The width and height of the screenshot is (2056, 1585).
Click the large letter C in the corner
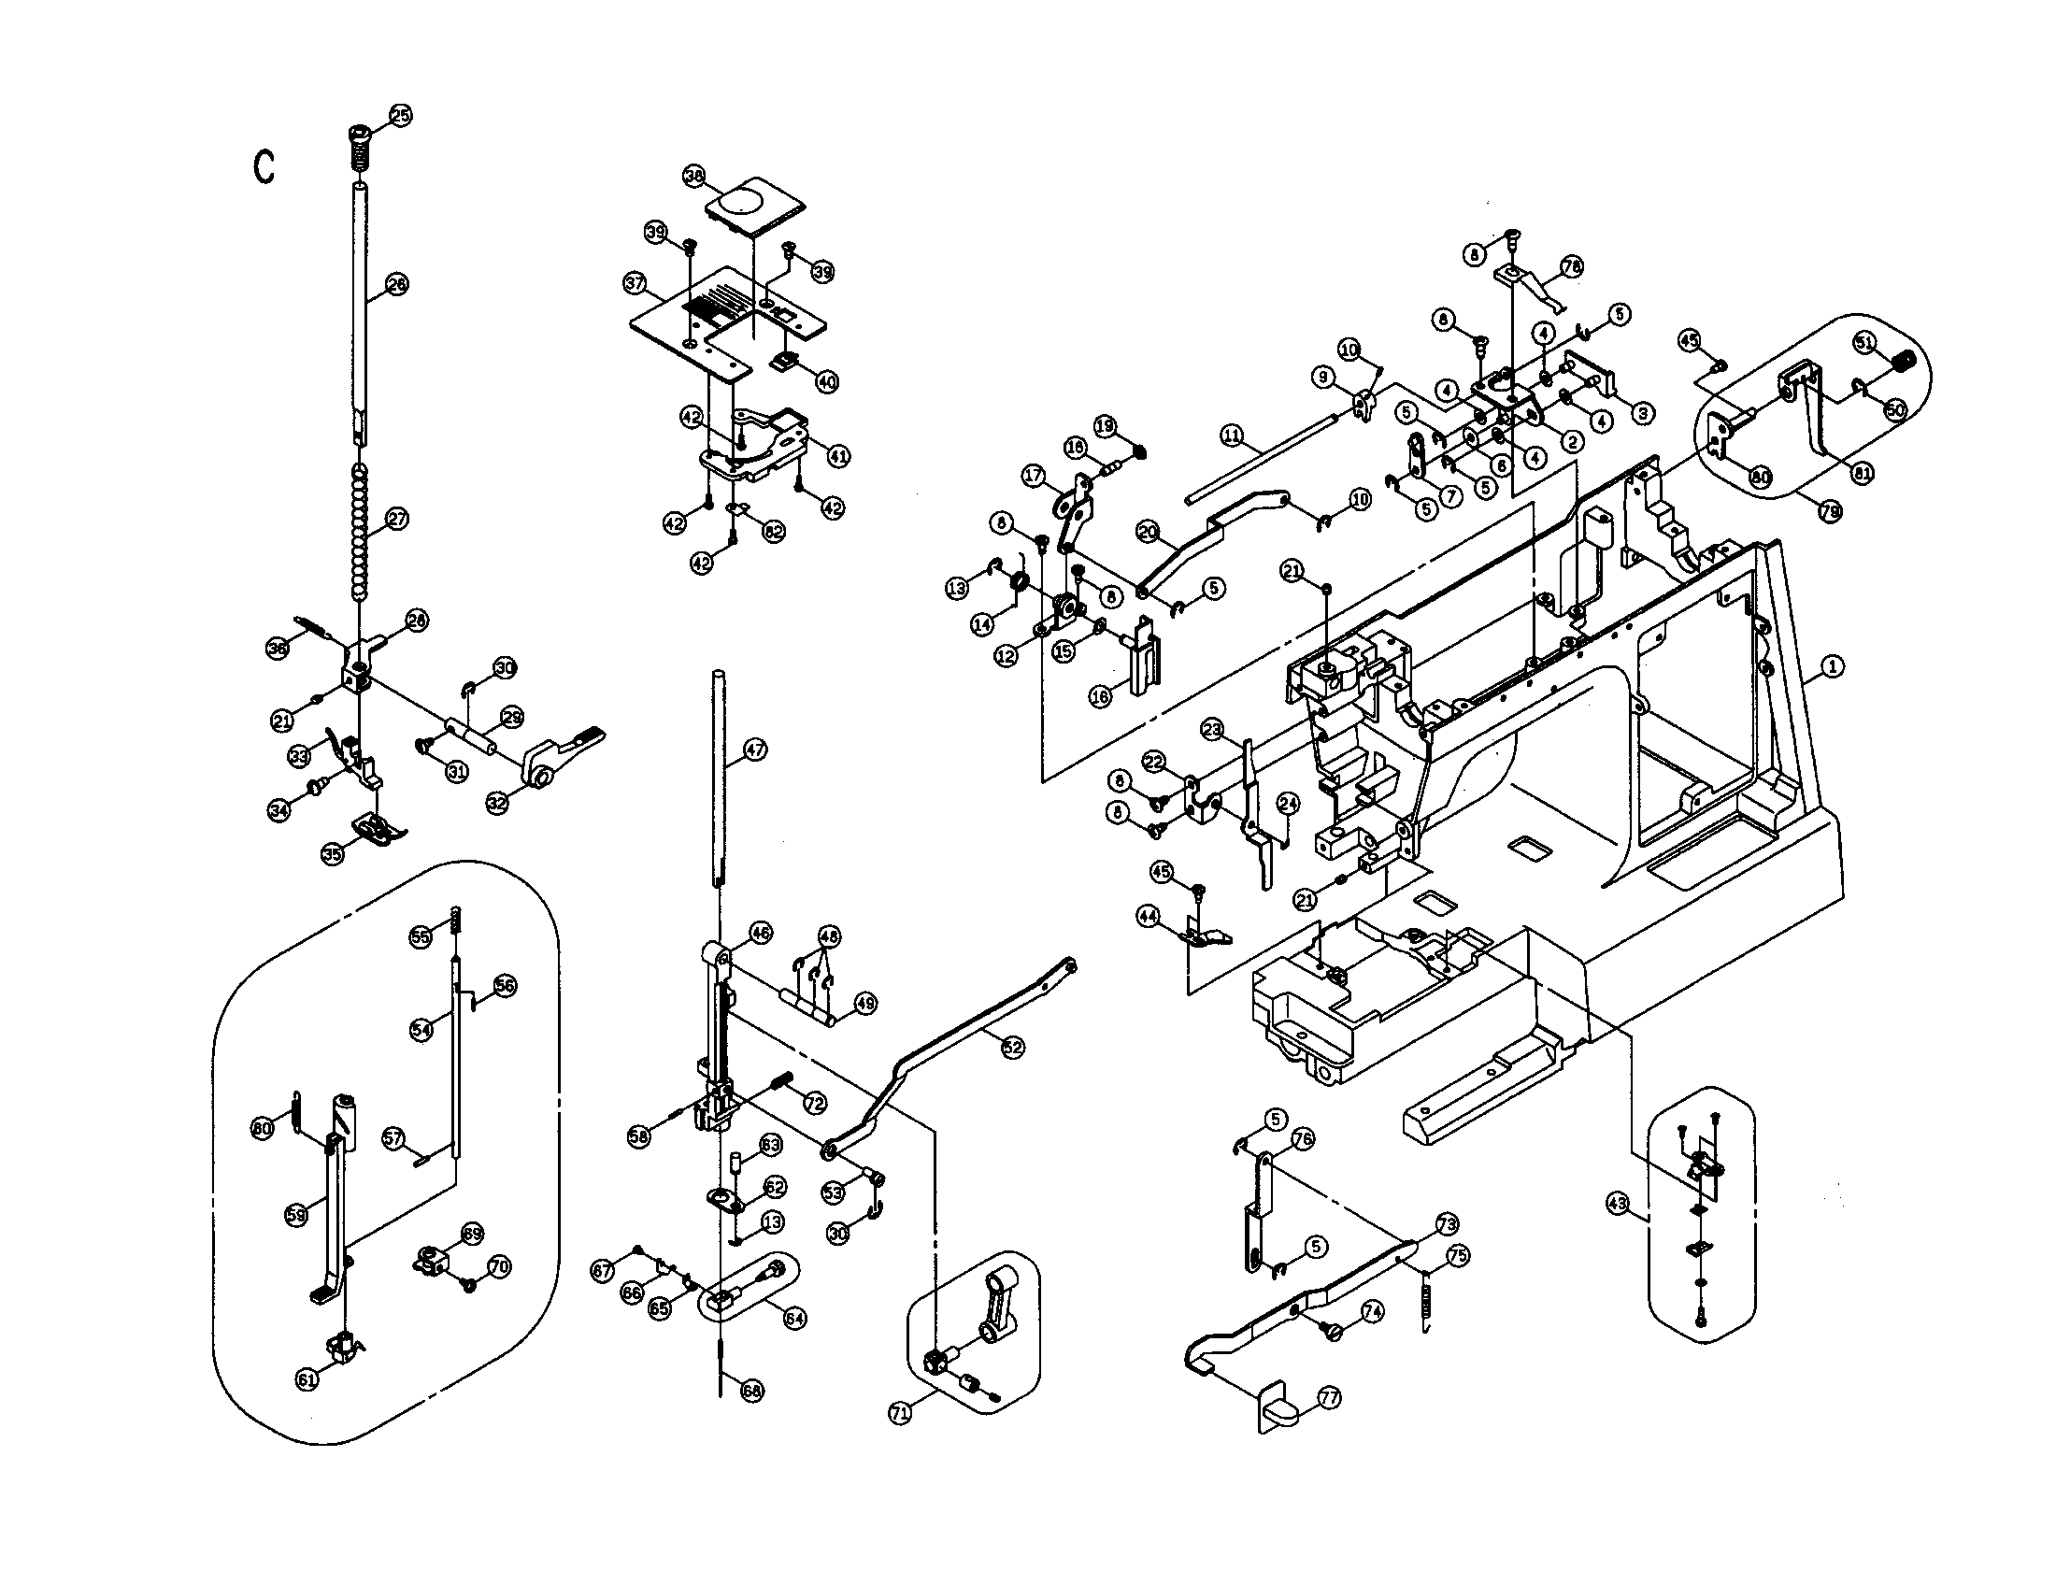264,167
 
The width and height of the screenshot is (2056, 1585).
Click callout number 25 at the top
401,116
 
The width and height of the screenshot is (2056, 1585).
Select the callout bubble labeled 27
397,519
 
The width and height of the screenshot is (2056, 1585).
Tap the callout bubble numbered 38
693,175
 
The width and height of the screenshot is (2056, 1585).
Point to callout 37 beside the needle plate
635,282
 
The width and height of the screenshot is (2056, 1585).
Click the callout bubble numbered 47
755,750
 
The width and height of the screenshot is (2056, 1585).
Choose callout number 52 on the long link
1012,1048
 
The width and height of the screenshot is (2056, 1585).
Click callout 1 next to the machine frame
1832,666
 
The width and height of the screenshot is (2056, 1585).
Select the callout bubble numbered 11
1232,436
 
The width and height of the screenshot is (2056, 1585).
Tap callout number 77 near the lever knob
1328,1399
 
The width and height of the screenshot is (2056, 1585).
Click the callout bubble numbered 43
1618,1204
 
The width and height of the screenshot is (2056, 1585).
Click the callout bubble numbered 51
1865,342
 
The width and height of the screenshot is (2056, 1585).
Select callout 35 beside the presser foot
333,853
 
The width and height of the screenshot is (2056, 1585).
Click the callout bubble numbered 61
307,1379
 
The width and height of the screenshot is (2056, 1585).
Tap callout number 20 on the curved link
1147,532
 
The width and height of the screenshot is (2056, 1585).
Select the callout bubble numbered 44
1148,916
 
